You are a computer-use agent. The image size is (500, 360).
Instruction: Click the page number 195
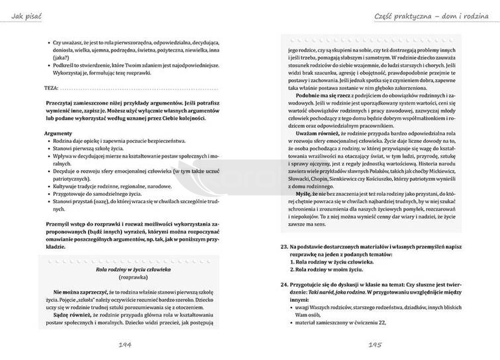click(375, 345)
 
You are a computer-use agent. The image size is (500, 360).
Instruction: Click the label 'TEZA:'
click(50, 87)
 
